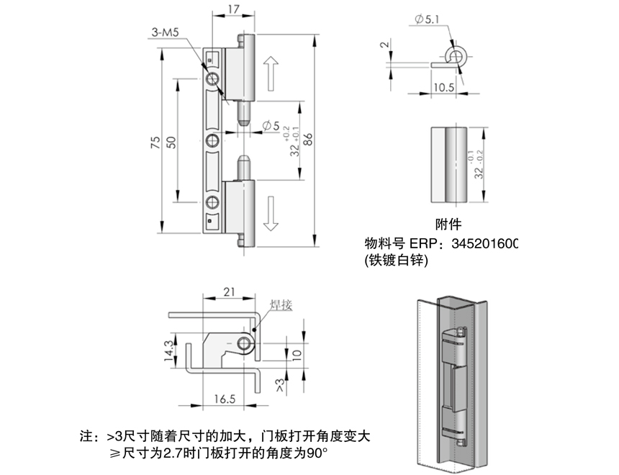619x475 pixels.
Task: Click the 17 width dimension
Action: click(x=233, y=10)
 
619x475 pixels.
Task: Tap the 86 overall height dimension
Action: click(x=309, y=142)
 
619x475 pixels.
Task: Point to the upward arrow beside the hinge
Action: click(x=271, y=72)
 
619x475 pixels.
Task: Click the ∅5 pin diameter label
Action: click(x=271, y=127)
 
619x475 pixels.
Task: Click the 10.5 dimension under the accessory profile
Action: click(x=444, y=88)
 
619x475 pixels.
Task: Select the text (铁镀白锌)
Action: click(x=397, y=262)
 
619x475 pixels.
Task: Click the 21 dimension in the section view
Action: click(x=229, y=291)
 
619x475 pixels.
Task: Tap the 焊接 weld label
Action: click(x=281, y=305)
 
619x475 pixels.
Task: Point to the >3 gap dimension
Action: click(x=279, y=384)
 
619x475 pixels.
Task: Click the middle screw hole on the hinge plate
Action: click(x=214, y=140)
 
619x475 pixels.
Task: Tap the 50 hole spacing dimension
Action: click(x=171, y=142)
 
